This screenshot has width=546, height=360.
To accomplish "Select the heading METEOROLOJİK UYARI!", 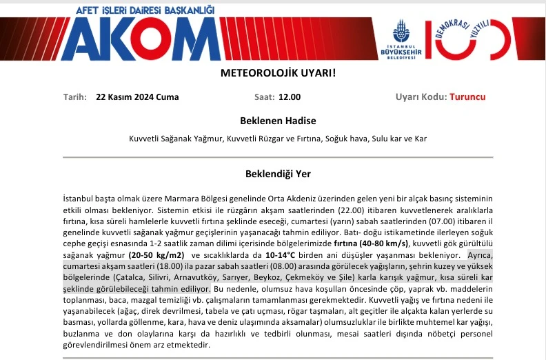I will click(278, 73).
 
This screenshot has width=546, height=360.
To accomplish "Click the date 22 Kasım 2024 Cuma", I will click(137, 97).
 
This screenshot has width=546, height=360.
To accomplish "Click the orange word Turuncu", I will click(467, 97).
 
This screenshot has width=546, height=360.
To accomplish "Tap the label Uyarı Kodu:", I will click(421, 97).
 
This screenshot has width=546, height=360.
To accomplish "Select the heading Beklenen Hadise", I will click(278, 120).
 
